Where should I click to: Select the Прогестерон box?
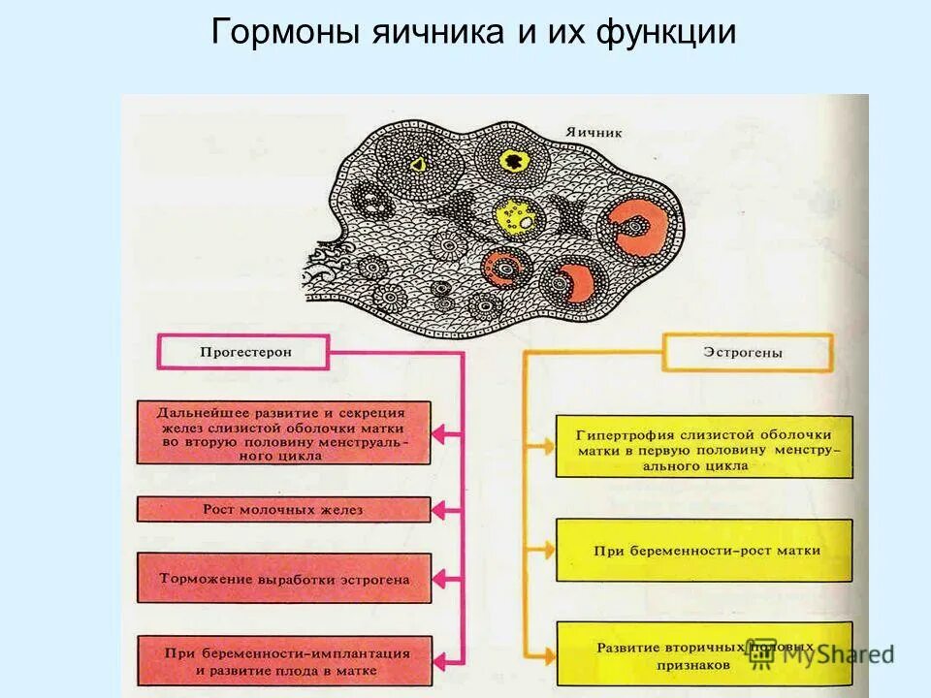pos(245,352)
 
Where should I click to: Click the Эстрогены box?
pos(747,352)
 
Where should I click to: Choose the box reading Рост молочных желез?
pos(283,509)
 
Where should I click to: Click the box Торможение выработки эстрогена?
pos(283,579)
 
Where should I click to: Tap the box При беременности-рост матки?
pos(705,551)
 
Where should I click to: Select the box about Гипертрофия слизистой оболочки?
pos(705,446)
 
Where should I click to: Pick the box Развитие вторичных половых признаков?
pos(705,651)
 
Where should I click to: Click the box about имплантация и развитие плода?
pos(283,661)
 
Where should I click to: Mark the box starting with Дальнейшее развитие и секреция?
pos(283,431)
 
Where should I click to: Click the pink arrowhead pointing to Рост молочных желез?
pos(441,509)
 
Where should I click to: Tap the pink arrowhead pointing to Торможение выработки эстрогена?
pos(441,579)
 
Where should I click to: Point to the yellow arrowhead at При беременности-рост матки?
pos(546,551)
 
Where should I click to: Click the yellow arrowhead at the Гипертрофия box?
pos(546,447)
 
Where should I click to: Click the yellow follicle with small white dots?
pos(514,215)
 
